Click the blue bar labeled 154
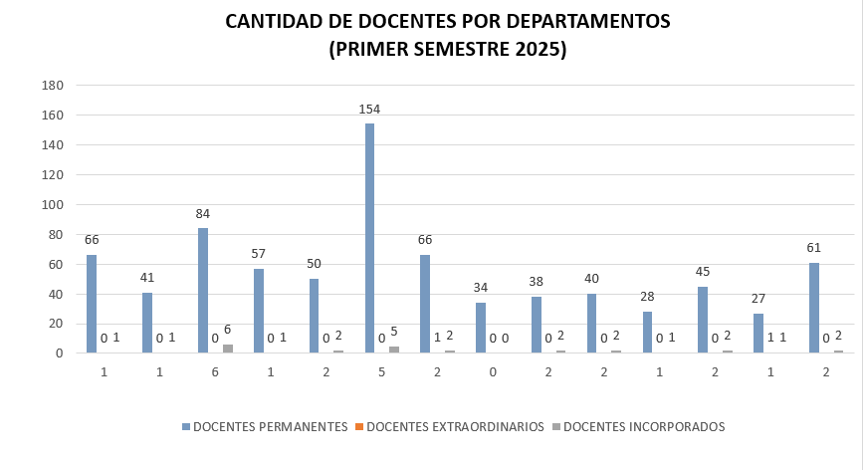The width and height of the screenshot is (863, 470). tap(369, 238)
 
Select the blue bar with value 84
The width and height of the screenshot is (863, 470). tap(203, 290)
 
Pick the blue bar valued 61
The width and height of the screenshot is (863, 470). tap(814, 308)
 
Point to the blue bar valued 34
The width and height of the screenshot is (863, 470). tap(481, 328)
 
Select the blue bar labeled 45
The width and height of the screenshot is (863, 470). tap(703, 320)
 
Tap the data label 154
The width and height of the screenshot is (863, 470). tap(369, 109)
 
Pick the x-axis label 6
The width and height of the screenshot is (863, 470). tap(215, 370)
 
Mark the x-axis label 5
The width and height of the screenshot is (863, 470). tap(382, 370)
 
